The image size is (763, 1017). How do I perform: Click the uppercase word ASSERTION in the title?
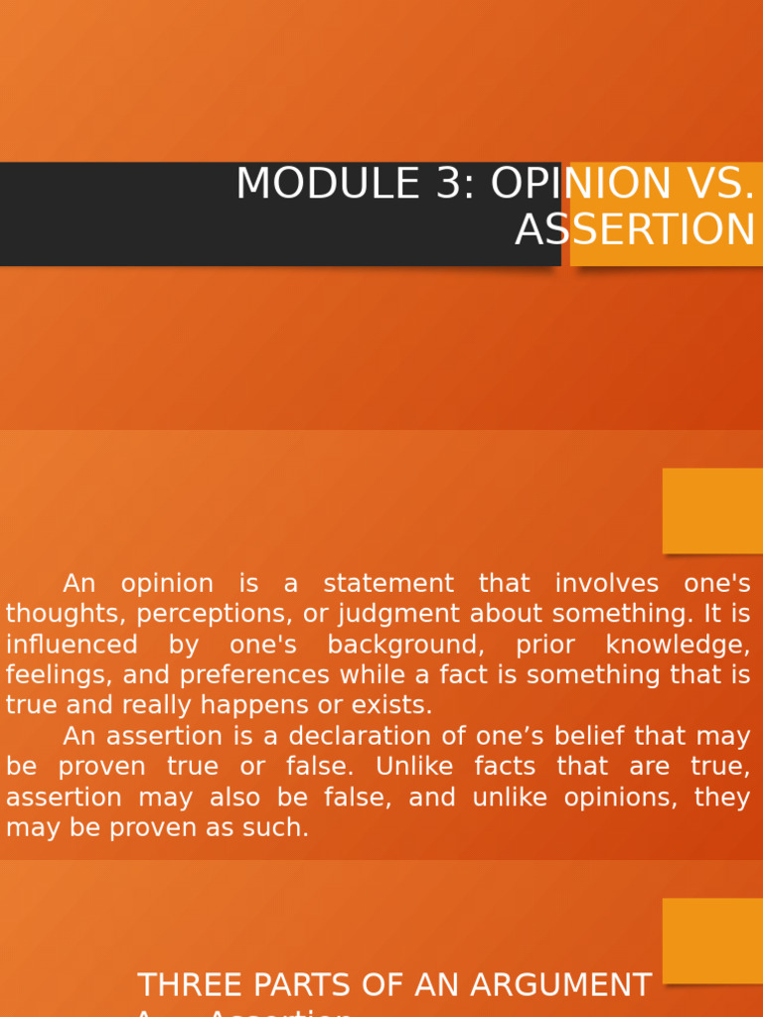coord(635,230)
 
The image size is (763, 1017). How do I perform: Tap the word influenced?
coord(72,645)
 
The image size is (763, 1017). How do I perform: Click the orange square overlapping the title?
coord(666,215)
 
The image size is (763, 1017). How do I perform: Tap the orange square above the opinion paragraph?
coord(712,510)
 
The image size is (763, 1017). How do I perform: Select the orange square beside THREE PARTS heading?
coord(712,941)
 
